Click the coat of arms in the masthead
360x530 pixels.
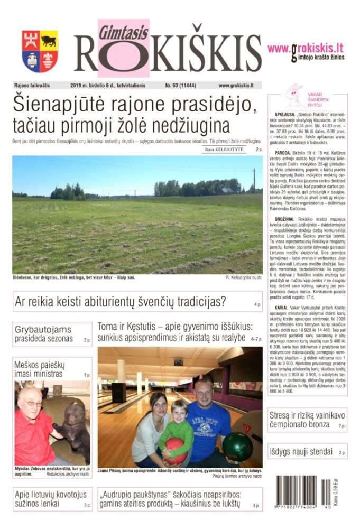pyautogui.click(x=40, y=51)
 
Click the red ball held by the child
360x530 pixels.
pyautogui.click(x=176, y=450)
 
